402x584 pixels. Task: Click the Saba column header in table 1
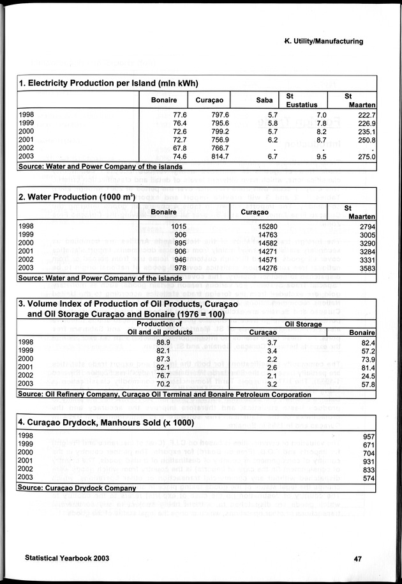264,100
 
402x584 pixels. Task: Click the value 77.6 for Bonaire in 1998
175,114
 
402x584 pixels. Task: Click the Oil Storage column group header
301,324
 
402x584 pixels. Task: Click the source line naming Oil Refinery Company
165,395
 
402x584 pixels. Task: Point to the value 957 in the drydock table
368,436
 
